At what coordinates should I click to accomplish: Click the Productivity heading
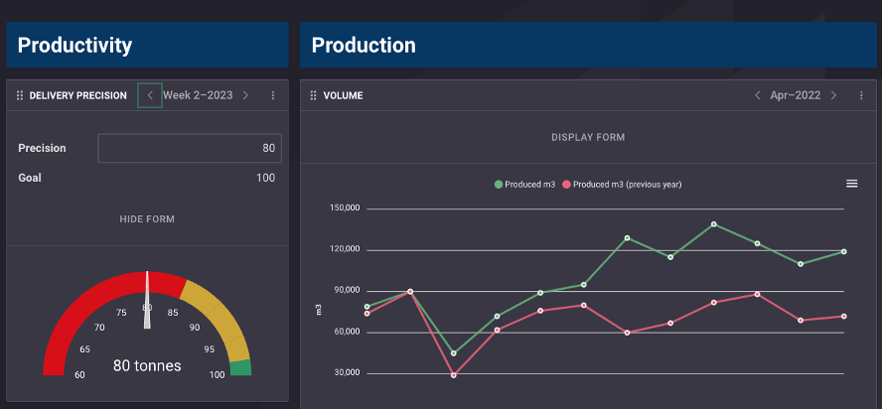click(74, 46)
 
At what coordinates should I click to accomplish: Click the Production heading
click(364, 46)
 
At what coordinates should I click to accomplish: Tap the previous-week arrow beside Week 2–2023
click(150, 95)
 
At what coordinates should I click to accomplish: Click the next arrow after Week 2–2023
click(245, 95)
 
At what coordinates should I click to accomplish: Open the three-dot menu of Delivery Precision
click(273, 95)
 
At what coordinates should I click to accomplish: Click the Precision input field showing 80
click(190, 148)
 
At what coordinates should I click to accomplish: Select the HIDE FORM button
click(147, 218)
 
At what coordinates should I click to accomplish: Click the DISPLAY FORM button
click(588, 137)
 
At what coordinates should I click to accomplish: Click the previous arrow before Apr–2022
click(757, 95)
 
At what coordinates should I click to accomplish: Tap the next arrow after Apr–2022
click(833, 95)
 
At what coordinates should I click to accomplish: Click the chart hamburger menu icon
click(851, 184)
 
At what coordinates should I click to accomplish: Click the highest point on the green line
click(714, 224)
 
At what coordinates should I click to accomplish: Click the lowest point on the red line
click(454, 375)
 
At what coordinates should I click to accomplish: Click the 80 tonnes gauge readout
click(147, 365)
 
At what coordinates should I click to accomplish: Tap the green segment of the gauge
click(240, 368)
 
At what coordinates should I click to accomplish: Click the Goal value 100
click(265, 178)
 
